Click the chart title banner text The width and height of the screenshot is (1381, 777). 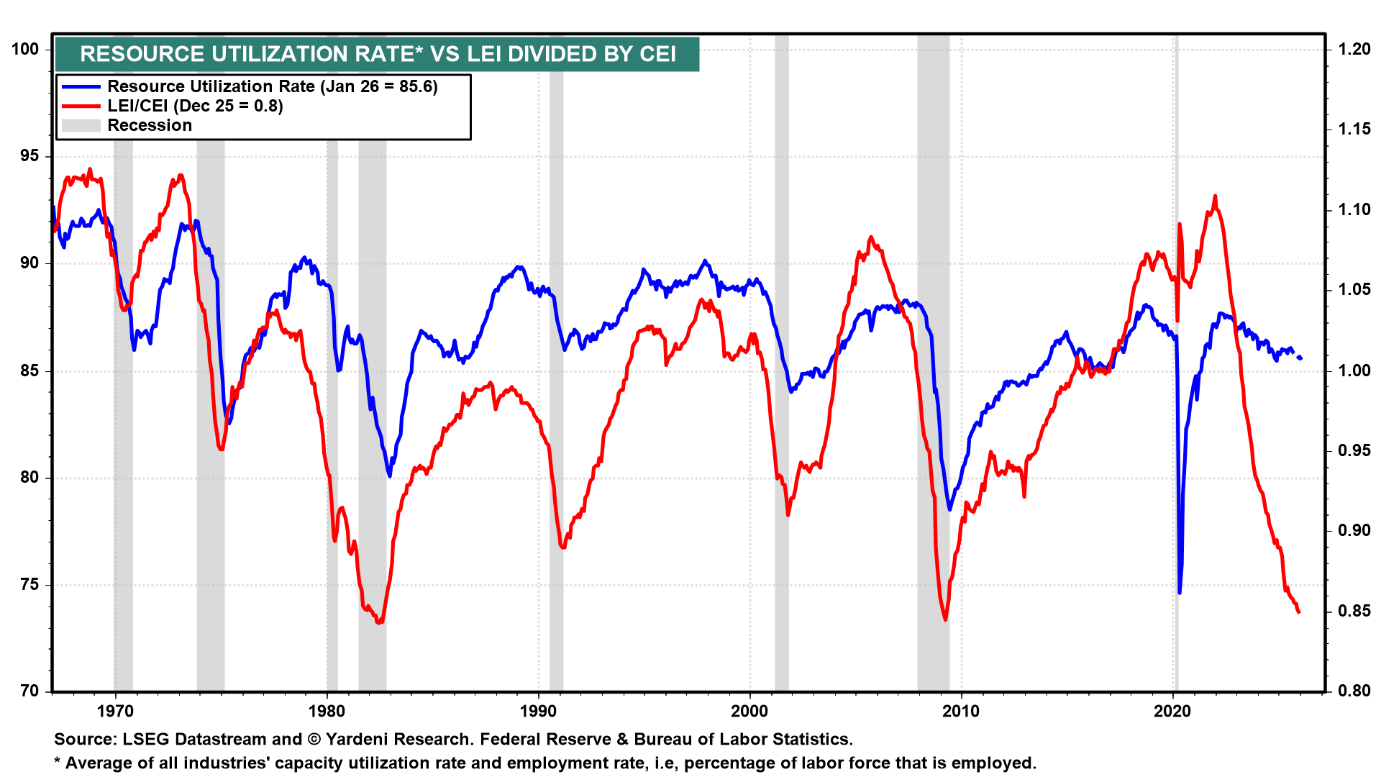pyautogui.click(x=378, y=54)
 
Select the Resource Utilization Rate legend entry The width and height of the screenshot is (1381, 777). pyautogui.click(x=272, y=86)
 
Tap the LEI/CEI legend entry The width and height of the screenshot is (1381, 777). pyautogui.click(x=195, y=106)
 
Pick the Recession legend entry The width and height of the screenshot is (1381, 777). pyautogui.click(x=150, y=125)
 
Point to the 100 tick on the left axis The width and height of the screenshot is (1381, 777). pyautogui.click(x=25, y=49)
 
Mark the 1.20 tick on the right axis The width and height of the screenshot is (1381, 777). pyautogui.click(x=1354, y=49)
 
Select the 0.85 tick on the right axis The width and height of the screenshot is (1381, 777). pyautogui.click(x=1354, y=611)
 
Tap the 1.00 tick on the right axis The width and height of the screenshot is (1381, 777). pyautogui.click(x=1354, y=371)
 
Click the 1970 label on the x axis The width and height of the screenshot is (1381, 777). pyautogui.click(x=115, y=712)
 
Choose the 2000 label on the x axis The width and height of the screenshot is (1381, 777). pyautogui.click(x=749, y=712)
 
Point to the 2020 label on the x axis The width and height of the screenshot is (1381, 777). pyautogui.click(x=1172, y=712)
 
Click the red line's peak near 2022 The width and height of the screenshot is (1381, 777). pyautogui.click(x=1215, y=196)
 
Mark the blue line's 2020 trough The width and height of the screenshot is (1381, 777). pyautogui.click(x=1180, y=592)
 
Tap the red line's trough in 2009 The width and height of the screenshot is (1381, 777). pyautogui.click(x=945, y=619)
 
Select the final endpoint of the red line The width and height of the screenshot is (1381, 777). pyautogui.click(x=1299, y=612)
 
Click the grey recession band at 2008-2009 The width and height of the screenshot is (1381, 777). pyautogui.click(x=933, y=432)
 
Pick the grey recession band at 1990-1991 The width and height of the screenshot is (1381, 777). pyautogui.click(x=556, y=432)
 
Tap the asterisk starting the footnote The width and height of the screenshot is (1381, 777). pyautogui.click(x=58, y=761)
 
